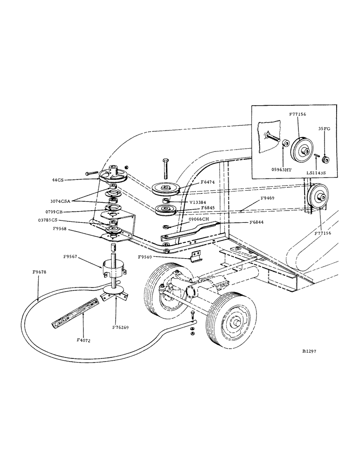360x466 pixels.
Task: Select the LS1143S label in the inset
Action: (316, 172)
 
